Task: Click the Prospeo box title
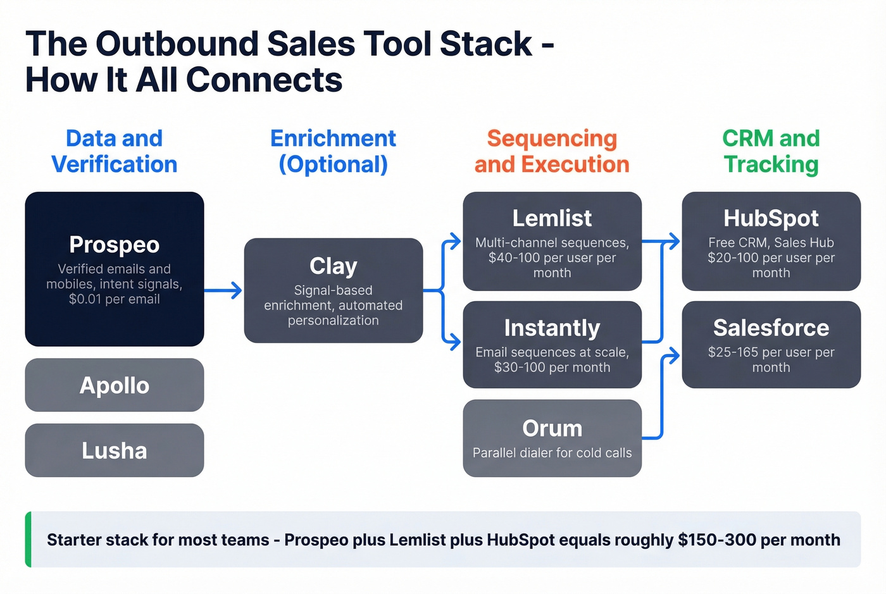pyautogui.click(x=114, y=245)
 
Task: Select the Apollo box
pyautogui.click(x=114, y=385)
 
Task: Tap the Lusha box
pyautogui.click(x=114, y=450)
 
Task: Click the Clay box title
pyautogui.click(x=333, y=266)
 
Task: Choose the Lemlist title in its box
pyautogui.click(x=552, y=218)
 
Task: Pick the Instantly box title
pyautogui.click(x=552, y=328)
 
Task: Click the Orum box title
pyautogui.click(x=552, y=428)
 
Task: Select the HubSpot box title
pyautogui.click(x=771, y=218)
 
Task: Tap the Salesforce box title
pyautogui.click(x=771, y=328)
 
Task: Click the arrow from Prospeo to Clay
pyautogui.click(x=223, y=290)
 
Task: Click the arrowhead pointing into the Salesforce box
pyautogui.click(x=675, y=356)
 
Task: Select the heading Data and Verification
pyautogui.click(x=114, y=151)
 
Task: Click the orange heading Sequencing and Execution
pyautogui.click(x=552, y=151)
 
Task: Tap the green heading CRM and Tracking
pyautogui.click(x=771, y=151)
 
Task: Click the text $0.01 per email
pyautogui.click(x=114, y=299)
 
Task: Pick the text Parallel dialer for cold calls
pyautogui.click(x=552, y=453)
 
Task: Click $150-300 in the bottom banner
pyautogui.click(x=717, y=540)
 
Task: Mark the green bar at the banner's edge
pyautogui.click(x=28, y=539)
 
